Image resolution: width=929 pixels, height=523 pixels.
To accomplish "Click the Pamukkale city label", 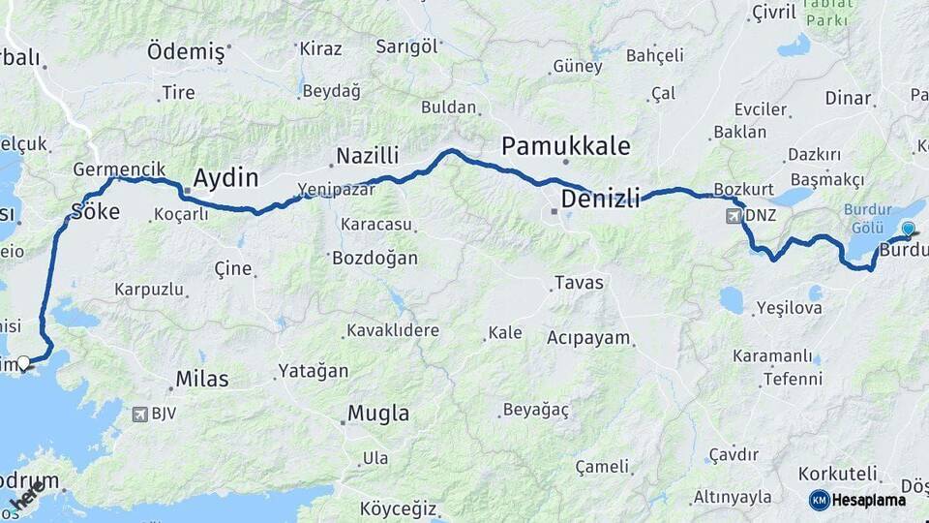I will point(565,146).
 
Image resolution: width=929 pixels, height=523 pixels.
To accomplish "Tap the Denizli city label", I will point(600,200).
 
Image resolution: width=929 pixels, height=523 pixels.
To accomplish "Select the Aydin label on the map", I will point(225,177).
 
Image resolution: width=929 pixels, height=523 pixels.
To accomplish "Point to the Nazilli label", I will point(367,155).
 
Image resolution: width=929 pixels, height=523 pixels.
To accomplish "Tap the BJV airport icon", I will point(140,415).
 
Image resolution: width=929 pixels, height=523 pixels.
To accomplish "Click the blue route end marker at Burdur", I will point(908,230).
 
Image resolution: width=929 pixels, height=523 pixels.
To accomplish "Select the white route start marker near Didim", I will point(23,362).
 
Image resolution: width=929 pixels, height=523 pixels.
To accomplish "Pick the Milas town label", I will point(202,379).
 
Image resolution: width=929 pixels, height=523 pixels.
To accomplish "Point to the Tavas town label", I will point(578,284).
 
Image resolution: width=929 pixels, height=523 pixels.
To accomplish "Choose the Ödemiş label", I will point(186,52).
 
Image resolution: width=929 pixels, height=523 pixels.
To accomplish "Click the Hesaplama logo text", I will point(868,500).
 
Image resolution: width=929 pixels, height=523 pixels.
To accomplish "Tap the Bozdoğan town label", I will point(375,259).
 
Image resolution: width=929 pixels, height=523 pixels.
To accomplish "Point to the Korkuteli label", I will point(839,474).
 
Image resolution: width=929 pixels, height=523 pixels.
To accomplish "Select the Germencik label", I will point(112,169).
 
